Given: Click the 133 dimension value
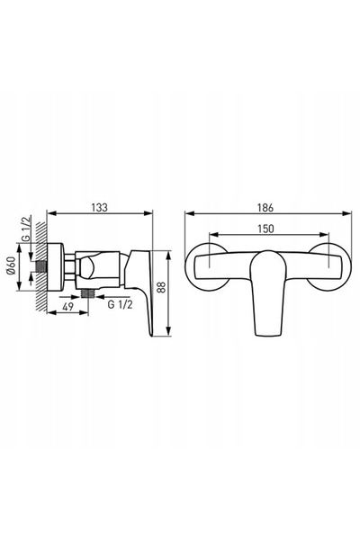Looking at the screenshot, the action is click(99, 207).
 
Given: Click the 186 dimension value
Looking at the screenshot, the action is click(265, 208).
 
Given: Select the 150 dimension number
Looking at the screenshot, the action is click(265, 229).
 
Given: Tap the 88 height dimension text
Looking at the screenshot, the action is click(162, 287).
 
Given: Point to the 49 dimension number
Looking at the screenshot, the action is click(67, 306).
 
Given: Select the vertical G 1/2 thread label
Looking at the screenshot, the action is click(26, 228).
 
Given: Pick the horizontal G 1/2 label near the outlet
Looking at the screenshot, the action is click(120, 304).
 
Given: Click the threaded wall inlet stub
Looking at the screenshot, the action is click(41, 266).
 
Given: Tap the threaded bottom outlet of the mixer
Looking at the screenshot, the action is click(88, 293).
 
